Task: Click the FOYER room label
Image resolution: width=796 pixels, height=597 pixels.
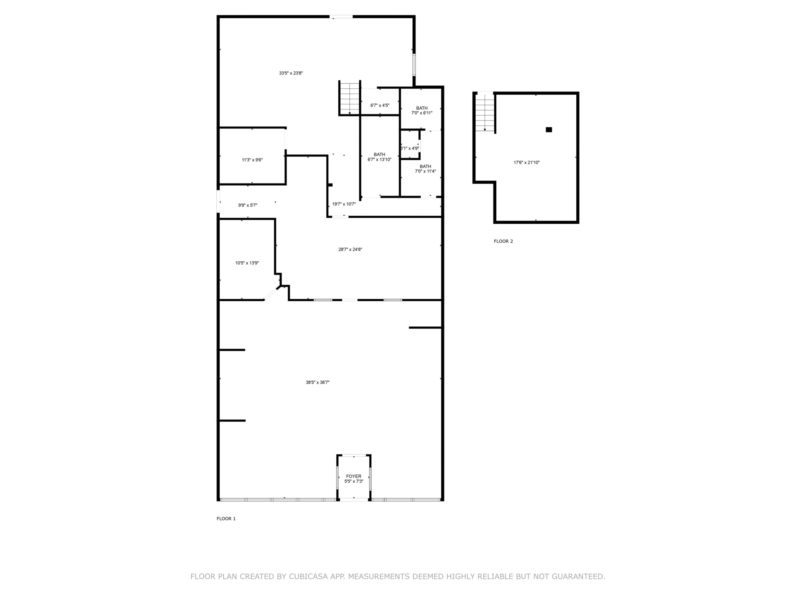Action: click(x=354, y=476)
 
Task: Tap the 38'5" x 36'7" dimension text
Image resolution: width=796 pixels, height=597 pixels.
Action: click(x=318, y=382)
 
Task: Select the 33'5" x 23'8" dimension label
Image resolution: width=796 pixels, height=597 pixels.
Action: click(x=291, y=73)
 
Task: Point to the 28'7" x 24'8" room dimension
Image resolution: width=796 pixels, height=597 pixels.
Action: click(x=350, y=250)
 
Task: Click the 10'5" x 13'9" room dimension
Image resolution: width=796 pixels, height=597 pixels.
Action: click(x=247, y=263)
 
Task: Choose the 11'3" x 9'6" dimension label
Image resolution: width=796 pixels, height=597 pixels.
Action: click(x=252, y=160)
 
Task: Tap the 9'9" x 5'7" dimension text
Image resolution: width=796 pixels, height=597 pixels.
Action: click(x=248, y=205)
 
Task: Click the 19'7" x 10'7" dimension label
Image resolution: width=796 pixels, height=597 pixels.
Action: click(x=344, y=204)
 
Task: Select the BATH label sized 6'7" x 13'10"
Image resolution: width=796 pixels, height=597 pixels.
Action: click(x=379, y=154)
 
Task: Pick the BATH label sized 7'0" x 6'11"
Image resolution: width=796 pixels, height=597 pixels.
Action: click(x=422, y=108)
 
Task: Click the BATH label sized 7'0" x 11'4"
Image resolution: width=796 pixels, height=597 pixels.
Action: click(x=425, y=166)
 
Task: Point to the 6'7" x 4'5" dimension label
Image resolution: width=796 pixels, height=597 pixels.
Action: click(x=380, y=105)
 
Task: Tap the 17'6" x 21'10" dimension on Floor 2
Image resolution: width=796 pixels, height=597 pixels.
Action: click(x=527, y=162)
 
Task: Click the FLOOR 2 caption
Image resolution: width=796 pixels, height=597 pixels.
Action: click(x=503, y=241)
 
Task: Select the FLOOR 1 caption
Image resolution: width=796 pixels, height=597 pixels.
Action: click(x=226, y=519)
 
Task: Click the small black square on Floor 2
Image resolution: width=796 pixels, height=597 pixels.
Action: click(x=549, y=129)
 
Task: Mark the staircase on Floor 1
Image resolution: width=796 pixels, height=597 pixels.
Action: click(x=349, y=98)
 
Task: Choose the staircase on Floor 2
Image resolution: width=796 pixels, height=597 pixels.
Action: click(x=485, y=112)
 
